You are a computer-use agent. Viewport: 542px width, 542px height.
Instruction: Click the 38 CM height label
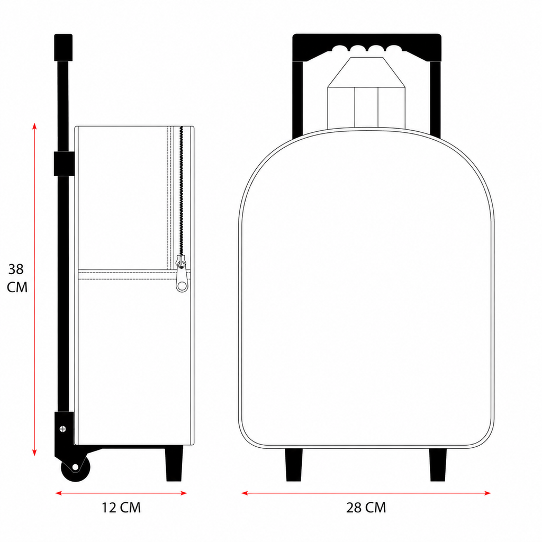coord(17,278)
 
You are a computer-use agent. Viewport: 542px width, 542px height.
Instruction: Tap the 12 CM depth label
coord(121,508)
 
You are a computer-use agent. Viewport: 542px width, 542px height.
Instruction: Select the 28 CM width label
coord(366,508)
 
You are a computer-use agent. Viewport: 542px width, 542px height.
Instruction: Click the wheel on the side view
coord(75,468)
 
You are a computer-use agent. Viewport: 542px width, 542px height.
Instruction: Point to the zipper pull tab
coord(182,276)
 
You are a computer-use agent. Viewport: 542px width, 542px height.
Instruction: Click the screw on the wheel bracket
coord(63,429)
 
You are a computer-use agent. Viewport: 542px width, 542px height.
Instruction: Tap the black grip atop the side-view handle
coord(64,48)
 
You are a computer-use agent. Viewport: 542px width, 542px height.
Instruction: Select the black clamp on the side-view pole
coord(64,164)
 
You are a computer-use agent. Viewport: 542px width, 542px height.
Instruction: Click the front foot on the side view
coord(174,464)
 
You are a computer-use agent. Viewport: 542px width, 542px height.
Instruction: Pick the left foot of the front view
coord(294,465)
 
